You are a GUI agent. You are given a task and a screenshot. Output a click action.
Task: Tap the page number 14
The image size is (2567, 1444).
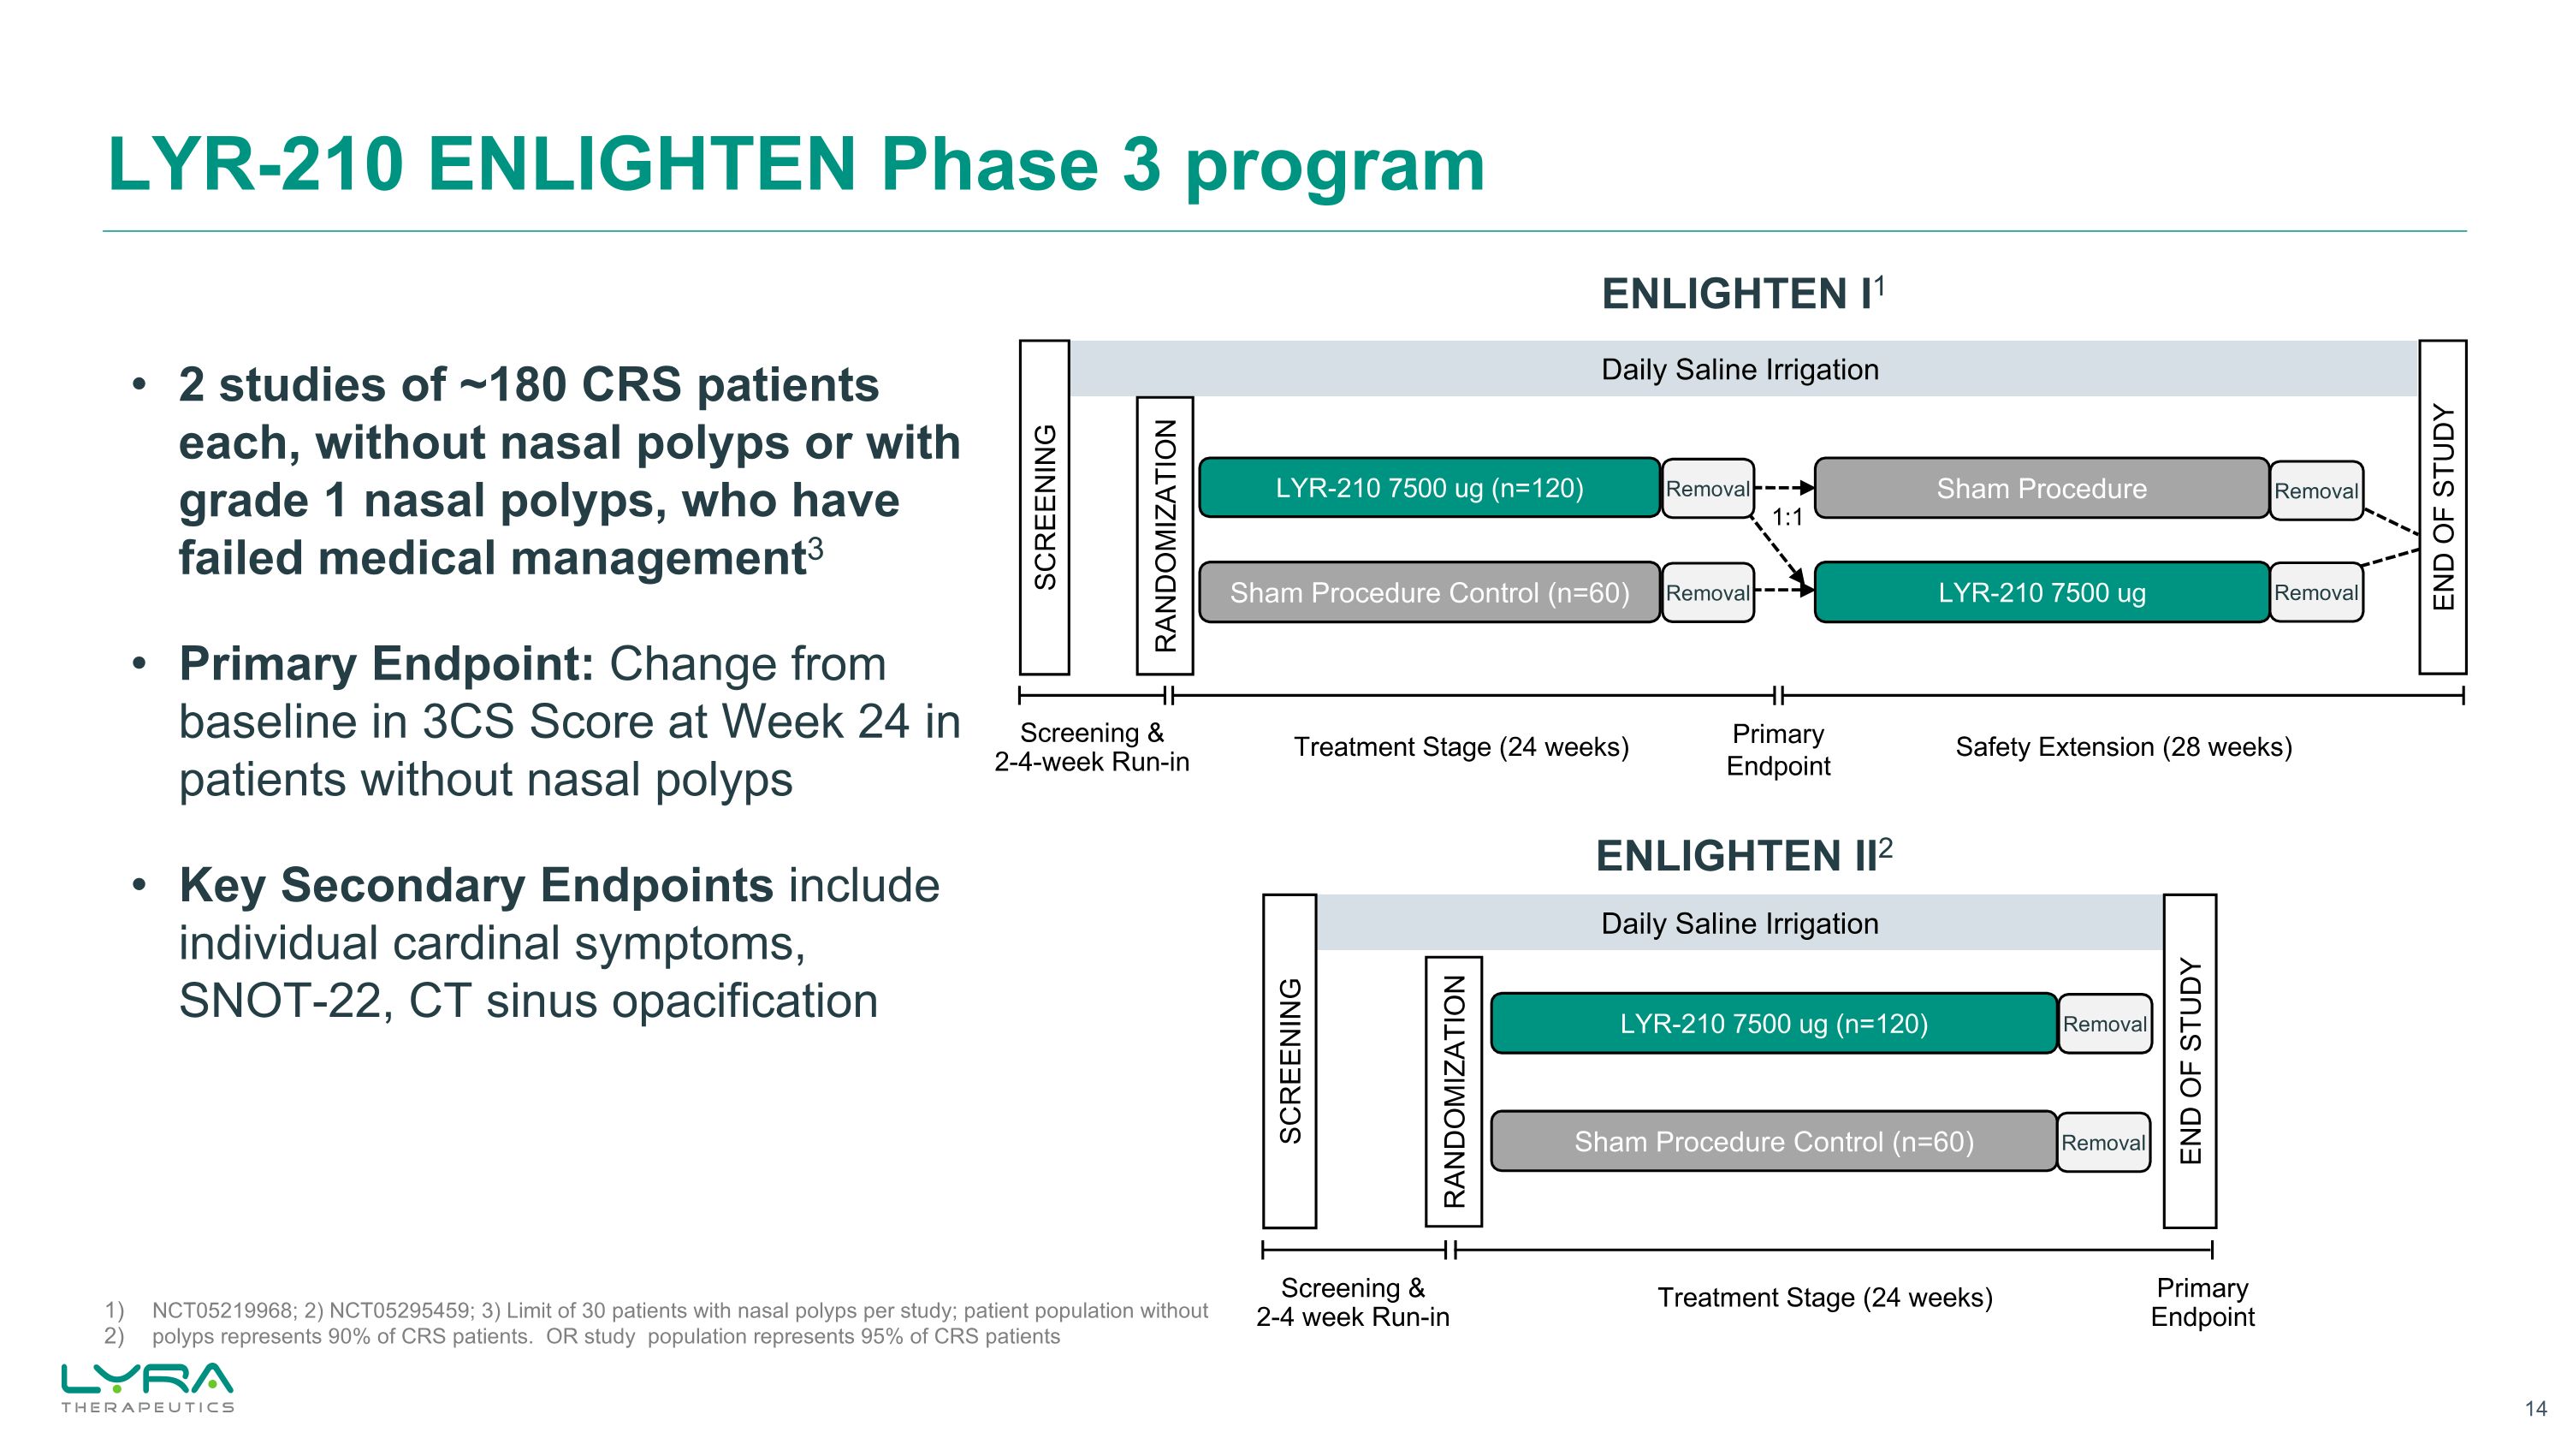pos(2535,1408)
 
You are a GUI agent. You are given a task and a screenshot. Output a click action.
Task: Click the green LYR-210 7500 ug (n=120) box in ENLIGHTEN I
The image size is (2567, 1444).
pos(1428,488)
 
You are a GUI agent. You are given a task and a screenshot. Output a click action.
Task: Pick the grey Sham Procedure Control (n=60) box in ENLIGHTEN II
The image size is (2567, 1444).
pos(1773,1142)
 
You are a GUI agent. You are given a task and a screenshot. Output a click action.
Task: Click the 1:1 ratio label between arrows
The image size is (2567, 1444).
pos(1787,517)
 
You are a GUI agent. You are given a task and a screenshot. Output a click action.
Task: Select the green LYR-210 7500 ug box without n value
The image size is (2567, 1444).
pos(2041,593)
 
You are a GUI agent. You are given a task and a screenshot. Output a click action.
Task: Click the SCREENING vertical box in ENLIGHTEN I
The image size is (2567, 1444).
pos(1044,508)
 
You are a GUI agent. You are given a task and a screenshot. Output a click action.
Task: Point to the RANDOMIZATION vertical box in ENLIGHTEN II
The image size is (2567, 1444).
pos(1454,1091)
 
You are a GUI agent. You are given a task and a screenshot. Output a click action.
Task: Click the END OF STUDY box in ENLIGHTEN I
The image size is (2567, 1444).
pos(2442,508)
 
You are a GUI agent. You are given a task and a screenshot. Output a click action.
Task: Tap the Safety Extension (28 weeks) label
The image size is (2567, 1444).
pos(2123,747)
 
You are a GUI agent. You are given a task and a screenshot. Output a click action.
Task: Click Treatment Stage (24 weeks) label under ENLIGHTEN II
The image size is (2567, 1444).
pos(1823,1298)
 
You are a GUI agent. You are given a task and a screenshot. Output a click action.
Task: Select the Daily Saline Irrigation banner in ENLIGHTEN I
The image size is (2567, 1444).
pos(1739,370)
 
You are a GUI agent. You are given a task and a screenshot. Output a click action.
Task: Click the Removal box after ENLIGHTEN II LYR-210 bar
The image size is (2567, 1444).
pos(2103,1025)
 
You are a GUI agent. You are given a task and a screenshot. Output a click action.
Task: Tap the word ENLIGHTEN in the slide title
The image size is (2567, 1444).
pos(641,165)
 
